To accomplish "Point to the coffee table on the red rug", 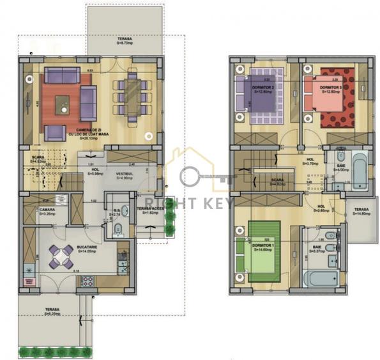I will click(63, 104).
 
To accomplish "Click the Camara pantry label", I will click(46, 211).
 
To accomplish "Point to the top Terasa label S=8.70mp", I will click(124, 42).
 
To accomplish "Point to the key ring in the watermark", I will click(191, 177).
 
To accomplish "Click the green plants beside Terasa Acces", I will click(169, 221).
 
